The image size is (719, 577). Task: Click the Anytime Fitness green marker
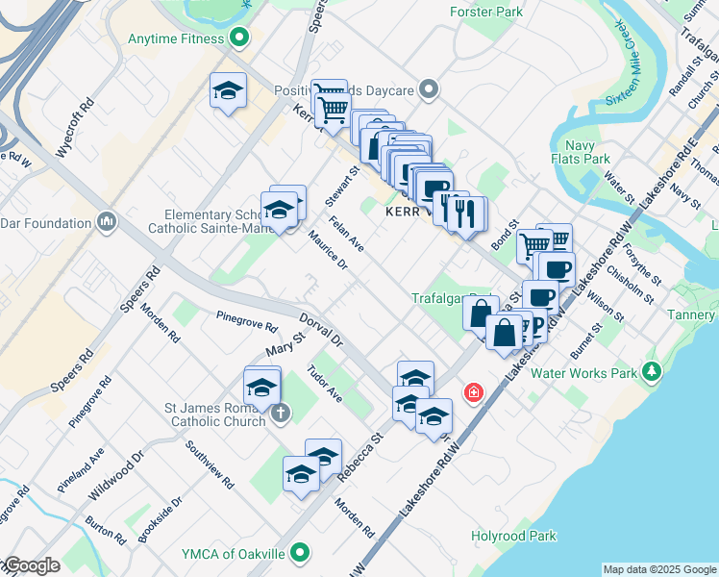pyautogui.click(x=239, y=39)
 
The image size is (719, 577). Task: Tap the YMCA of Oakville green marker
pyautogui.click(x=301, y=553)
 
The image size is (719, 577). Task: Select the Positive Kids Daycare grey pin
pyautogui.click(x=429, y=90)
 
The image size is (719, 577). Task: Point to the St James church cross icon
pyautogui.click(x=280, y=414)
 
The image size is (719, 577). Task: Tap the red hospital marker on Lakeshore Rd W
pyautogui.click(x=473, y=392)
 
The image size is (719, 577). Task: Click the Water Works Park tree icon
pyautogui.click(x=653, y=372)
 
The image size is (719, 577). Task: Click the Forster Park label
pyautogui.click(x=486, y=13)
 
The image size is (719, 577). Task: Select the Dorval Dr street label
pyautogui.click(x=320, y=329)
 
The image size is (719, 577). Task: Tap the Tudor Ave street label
pyautogui.click(x=324, y=383)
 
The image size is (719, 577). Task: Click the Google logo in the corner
pyautogui.click(x=32, y=565)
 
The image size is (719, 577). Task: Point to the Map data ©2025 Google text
pyautogui.click(x=659, y=569)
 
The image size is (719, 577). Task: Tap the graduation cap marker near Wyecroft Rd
pyautogui.click(x=228, y=92)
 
